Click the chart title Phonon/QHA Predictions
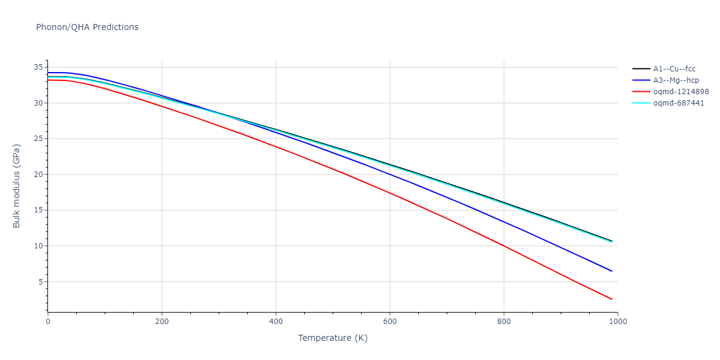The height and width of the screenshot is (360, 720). click(87, 27)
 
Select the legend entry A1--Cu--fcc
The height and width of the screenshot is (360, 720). click(674, 69)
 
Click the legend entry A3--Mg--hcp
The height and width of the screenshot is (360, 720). click(675, 80)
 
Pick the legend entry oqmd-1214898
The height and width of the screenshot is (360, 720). click(681, 92)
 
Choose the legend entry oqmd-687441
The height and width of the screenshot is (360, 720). click(679, 103)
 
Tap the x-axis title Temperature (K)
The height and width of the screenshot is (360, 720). click(332, 338)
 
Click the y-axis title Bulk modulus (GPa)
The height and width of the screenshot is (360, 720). click(17, 185)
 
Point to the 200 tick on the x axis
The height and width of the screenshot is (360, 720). click(161, 322)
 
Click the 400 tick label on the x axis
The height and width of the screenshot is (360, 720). click(275, 322)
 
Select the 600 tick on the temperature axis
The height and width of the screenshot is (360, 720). click(389, 322)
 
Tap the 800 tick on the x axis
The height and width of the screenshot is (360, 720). click(503, 322)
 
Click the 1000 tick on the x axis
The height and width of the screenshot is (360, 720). click(617, 322)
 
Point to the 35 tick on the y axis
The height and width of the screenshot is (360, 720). click(40, 67)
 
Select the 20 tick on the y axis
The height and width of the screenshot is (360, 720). click(40, 175)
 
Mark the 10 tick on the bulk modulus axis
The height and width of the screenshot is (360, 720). click(40, 246)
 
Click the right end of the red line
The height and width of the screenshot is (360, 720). click(612, 299)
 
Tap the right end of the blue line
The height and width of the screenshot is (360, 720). click(612, 271)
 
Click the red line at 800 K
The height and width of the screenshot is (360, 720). click(504, 246)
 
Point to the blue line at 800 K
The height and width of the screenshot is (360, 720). click(504, 222)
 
